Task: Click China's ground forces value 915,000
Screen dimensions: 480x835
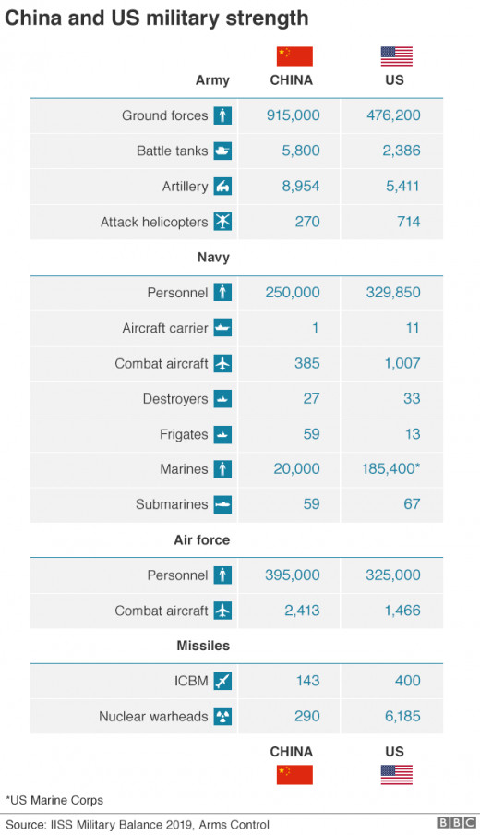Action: coord(294,115)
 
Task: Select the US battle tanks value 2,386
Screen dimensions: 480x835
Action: coord(402,151)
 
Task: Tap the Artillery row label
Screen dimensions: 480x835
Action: coord(186,187)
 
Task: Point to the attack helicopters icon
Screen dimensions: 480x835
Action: coord(223,222)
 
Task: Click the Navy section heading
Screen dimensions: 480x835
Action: coord(213,257)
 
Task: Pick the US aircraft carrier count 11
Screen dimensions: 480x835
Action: coord(413,328)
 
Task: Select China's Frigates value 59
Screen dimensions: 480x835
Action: coord(311,434)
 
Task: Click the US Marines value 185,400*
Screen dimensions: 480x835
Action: coord(391,468)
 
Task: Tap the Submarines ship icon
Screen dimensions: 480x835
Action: coord(223,504)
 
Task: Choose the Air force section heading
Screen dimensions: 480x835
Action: coord(201,540)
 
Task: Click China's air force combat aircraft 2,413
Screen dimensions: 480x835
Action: coord(302,611)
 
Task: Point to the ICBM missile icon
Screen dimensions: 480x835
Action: coord(223,681)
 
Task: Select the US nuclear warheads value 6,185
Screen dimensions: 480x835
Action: coord(402,716)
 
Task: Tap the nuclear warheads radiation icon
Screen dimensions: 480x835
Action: coord(223,716)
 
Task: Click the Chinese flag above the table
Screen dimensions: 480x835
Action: coord(294,56)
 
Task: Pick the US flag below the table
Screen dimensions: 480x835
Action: coord(396,775)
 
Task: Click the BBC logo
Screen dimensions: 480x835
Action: coord(456,823)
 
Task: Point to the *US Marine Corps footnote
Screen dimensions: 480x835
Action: coord(54,800)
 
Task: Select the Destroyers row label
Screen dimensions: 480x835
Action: coord(175,399)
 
